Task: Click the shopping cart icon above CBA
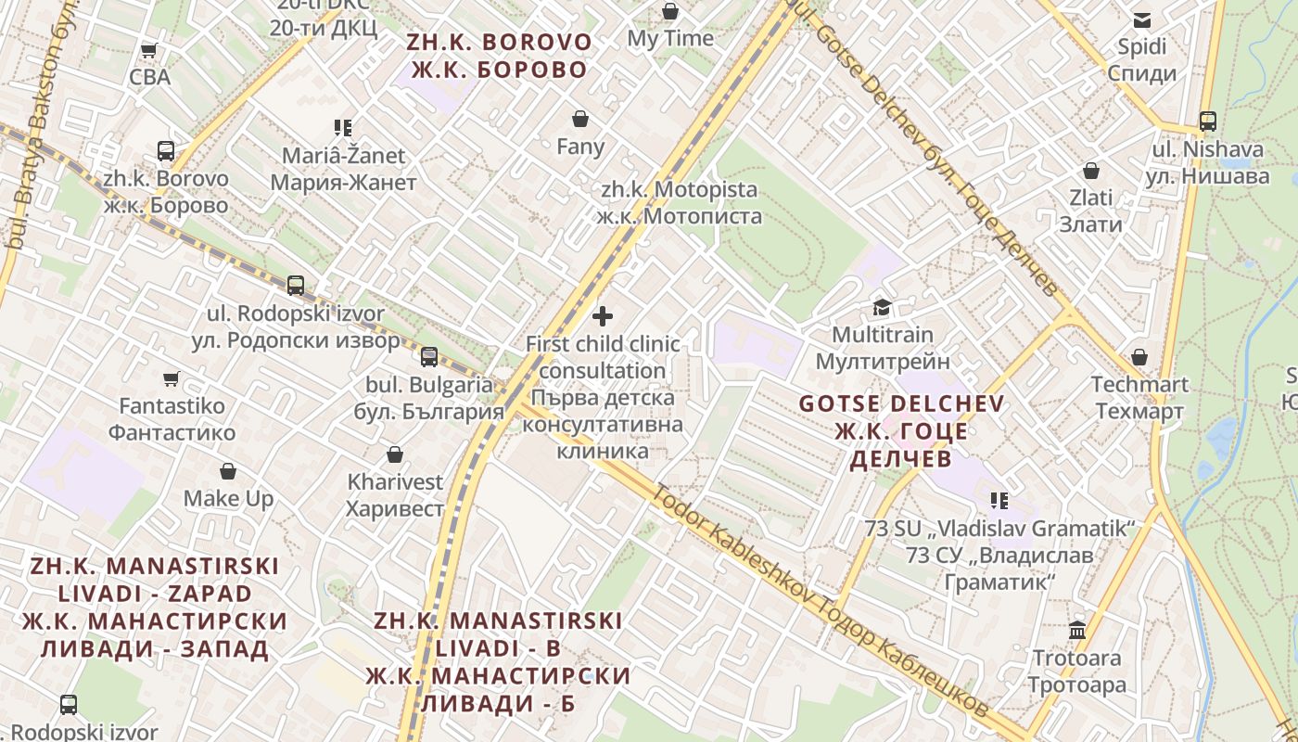tap(148, 50)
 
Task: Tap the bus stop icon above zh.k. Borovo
tap(166, 150)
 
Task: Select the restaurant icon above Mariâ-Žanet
tap(343, 128)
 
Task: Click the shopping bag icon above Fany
tap(580, 119)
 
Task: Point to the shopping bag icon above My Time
tap(669, 11)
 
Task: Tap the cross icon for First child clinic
tap(603, 316)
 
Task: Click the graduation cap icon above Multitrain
tap(882, 307)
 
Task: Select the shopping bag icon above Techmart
tap(1139, 357)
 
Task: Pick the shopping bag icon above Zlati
tap(1091, 171)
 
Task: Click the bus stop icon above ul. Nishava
tap(1207, 121)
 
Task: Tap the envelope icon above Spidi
tap(1142, 19)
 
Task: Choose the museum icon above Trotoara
tap(1077, 631)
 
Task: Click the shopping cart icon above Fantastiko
tap(171, 378)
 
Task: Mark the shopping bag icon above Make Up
tap(228, 471)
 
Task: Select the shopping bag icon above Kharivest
tap(395, 454)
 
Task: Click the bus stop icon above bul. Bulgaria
tap(428, 357)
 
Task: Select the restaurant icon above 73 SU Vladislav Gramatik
tap(999, 501)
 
